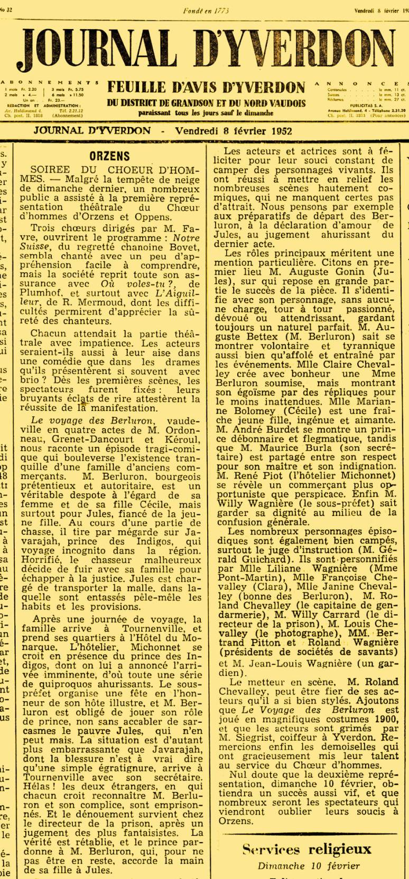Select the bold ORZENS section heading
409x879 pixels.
click(109, 156)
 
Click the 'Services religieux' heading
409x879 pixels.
click(306, 849)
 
